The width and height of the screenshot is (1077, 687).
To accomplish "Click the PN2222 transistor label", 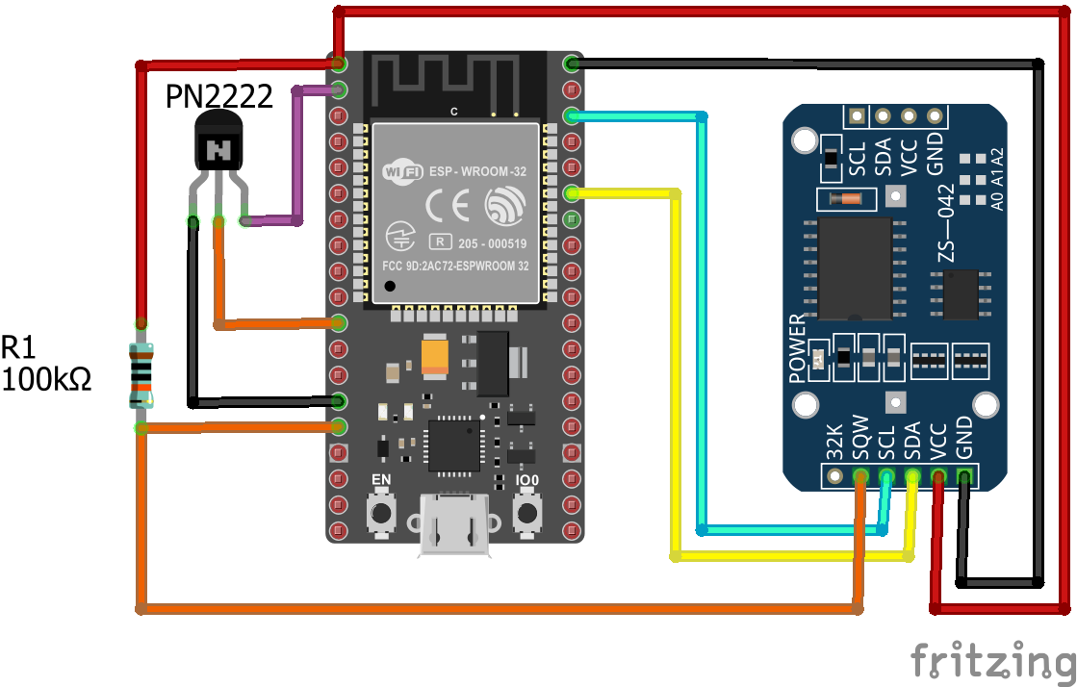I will click(219, 96).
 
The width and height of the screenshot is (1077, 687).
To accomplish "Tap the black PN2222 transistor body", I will click(220, 144).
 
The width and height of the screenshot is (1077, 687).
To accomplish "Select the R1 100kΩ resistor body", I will click(141, 374).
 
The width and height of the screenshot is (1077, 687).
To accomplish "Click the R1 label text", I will click(20, 347).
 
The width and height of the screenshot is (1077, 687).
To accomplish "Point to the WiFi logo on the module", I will click(402, 171).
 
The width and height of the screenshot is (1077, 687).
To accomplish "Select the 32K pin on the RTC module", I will click(834, 475).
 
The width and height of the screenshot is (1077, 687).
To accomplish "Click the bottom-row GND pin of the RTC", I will click(963, 475).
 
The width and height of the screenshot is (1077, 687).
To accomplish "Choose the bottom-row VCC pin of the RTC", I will click(937, 475).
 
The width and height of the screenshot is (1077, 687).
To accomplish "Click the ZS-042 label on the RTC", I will click(945, 222).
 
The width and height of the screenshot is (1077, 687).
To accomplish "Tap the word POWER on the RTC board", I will click(797, 348).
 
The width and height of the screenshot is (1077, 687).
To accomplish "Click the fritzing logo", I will click(991, 661).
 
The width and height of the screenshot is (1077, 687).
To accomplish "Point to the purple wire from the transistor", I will click(296, 154).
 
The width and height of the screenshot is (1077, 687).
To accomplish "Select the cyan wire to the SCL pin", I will click(701, 318).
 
